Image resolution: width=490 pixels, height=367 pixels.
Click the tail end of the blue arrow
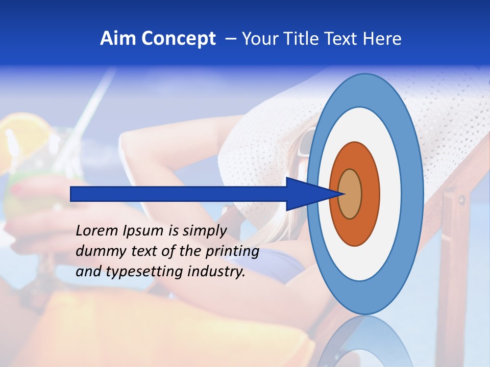click(72, 194)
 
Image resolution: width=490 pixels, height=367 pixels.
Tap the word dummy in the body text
click(97, 251)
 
